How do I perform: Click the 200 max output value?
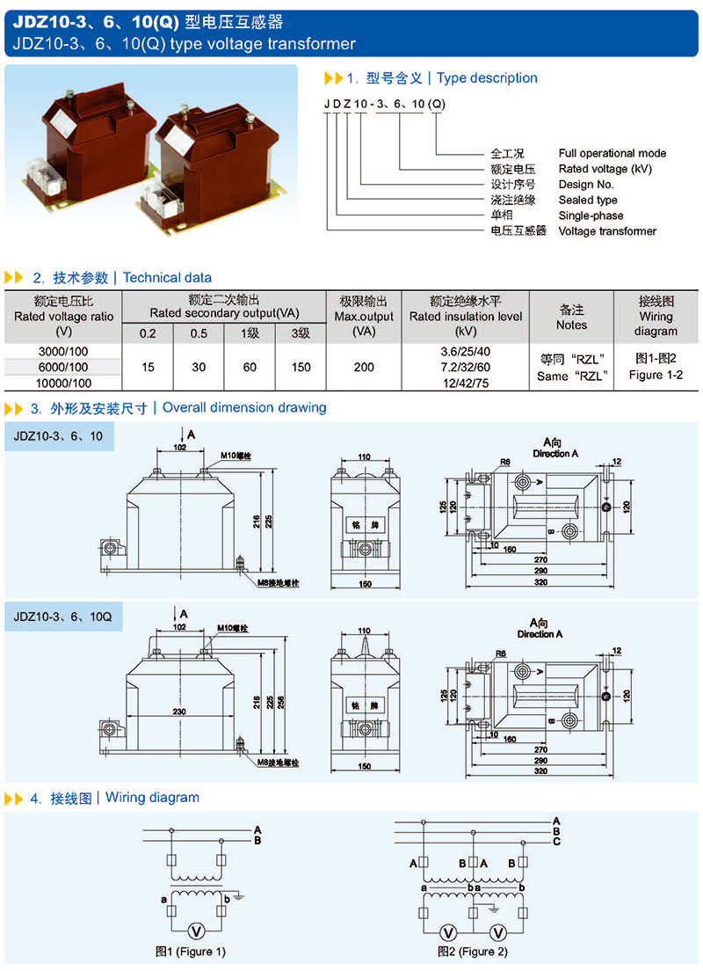(x=364, y=368)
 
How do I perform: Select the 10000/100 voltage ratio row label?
(x=63, y=383)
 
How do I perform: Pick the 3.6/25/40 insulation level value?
(x=465, y=352)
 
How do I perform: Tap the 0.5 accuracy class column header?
(x=199, y=333)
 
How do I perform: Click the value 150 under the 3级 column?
(x=301, y=368)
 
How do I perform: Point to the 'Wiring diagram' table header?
(x=656, y=317)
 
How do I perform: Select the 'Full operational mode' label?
(x=612, y=153)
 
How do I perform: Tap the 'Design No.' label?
(x=586, y=185)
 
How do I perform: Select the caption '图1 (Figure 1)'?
(x=191, y=952)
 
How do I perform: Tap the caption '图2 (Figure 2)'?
(x=473, y=952)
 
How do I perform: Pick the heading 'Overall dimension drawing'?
(x=244, y=408)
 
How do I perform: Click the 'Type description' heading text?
(x=487, y=78)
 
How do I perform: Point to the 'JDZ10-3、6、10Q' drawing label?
(x=62, y=617)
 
